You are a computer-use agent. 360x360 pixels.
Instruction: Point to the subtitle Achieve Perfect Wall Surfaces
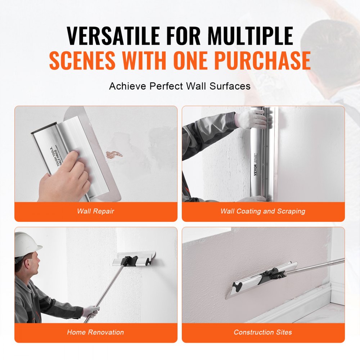[x=180, y=86]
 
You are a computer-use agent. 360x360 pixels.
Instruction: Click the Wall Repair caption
[x=96, y=211]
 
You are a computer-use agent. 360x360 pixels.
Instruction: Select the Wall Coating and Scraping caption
[x=263, y=211]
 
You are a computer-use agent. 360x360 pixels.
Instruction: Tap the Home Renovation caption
[x=95, y=332]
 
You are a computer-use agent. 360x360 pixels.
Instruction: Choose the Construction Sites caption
[x=263, y=332]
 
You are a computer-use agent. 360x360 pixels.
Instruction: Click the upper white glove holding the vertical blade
[x=251, y=118]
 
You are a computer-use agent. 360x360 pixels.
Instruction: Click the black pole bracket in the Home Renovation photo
[x=129, y=260]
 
